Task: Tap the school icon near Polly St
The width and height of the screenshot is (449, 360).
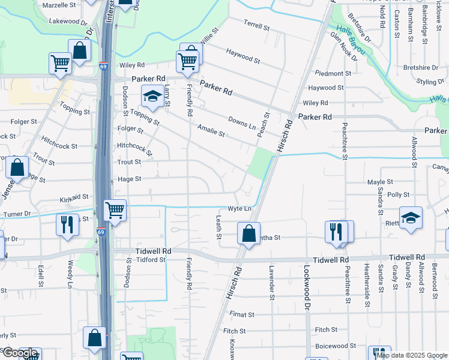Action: click(x=411, y=218)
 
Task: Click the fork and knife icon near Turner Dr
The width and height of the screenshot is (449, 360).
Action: click(x=67, y=225)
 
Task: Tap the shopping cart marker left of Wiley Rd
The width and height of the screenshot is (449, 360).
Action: click(x=60, y=63)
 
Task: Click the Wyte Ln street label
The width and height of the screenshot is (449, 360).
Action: click(x=238, y=208)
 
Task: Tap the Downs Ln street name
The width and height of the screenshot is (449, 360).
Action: click(x=242, y=124)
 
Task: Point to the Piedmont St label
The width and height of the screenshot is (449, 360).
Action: click(x=333, y=74)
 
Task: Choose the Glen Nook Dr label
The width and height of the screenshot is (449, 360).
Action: click(x=343, y=47)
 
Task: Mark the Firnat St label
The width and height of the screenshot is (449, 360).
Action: click(x=243, y=314)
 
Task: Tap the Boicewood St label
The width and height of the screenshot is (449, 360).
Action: click(x=336, y=346)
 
